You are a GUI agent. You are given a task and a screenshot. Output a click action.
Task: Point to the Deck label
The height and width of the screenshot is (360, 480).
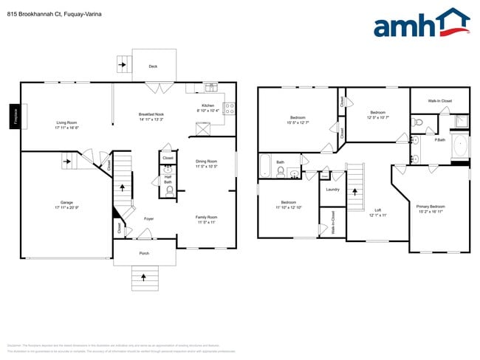click(x=153, y=66)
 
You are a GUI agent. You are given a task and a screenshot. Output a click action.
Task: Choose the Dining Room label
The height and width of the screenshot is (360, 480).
click(x=206, y=163)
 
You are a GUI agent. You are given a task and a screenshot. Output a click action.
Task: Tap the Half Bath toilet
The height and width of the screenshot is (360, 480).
click(x=169, y=190)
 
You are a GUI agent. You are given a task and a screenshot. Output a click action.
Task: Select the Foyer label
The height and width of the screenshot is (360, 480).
click(x=148, y=218)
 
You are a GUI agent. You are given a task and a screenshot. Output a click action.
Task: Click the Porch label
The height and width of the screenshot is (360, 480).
click(x=144, y=253)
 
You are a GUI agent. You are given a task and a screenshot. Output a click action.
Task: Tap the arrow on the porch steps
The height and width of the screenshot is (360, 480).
click(x=144, y=277)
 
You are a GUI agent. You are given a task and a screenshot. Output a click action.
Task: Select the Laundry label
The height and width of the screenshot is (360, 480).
click(x=332, y=190)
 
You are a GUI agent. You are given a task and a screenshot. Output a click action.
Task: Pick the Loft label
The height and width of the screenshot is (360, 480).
click(x=377, y=212)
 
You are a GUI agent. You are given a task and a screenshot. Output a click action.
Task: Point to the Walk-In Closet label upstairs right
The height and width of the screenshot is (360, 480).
click(x=440, y=100)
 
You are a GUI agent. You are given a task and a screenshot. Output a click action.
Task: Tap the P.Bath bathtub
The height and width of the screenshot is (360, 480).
click(x=461, y=145)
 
